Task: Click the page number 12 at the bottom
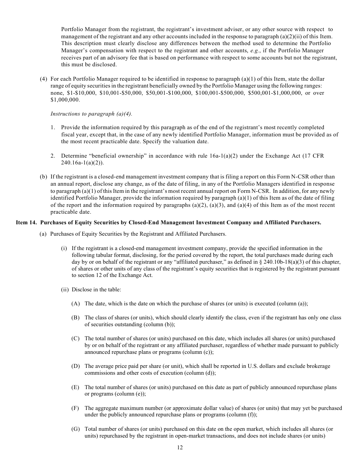(x=180, y=447)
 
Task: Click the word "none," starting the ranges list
(x=57, y=93)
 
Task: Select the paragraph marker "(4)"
(x=44, y=79)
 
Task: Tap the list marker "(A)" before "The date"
(x=75, y=303)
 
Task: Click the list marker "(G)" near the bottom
(x=75, y=429)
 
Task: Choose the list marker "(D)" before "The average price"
(x=75, y=366)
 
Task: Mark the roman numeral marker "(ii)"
(x=65, y=289)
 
